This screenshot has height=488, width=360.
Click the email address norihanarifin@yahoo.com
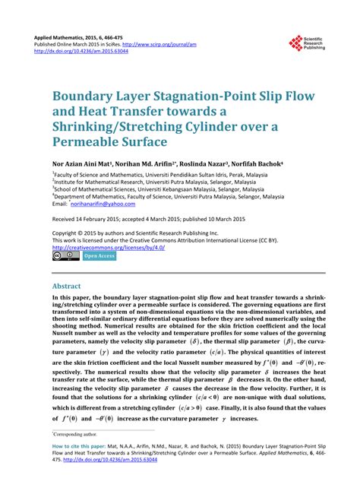point(102,204)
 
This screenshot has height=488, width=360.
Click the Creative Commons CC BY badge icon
point(65,256)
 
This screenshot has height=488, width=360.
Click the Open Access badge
point(99,256)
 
